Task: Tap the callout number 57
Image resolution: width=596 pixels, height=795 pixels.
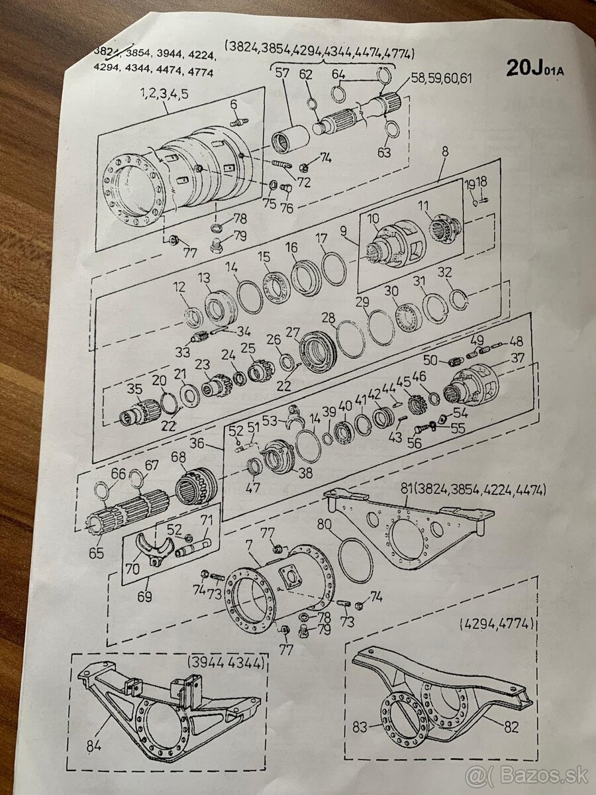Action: pos(282,74)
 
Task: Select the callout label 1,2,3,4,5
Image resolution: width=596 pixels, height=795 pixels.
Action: pos(164,93)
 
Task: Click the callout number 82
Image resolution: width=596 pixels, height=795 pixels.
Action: pos(511,727)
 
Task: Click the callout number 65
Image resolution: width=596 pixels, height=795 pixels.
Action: pos(97,551)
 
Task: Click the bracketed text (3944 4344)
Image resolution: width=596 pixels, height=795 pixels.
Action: pos(227,662)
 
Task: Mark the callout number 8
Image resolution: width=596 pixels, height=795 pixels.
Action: pos(444,152)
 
